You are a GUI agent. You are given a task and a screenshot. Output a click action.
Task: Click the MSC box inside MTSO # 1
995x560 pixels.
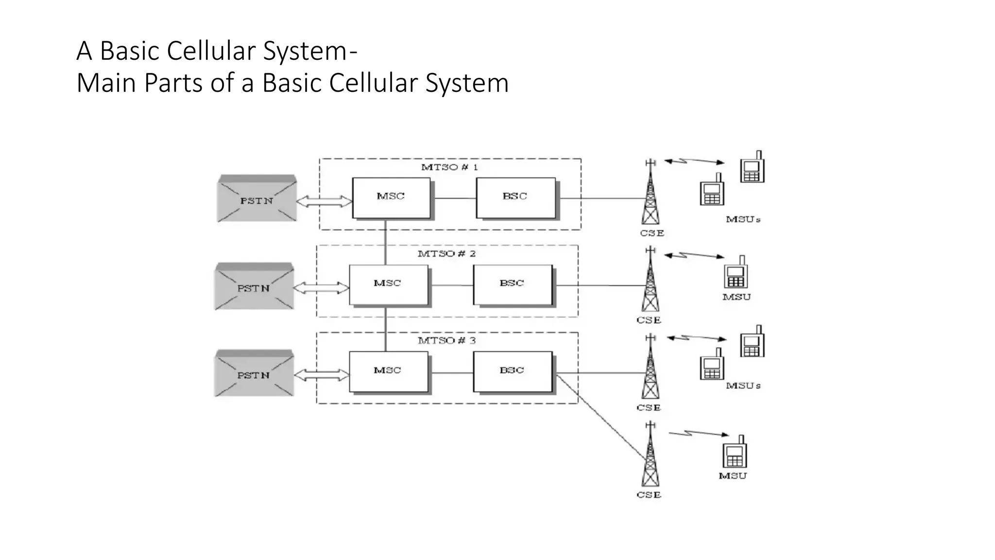pos(391,198)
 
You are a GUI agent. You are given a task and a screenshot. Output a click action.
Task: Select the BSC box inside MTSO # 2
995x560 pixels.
pos(513,285)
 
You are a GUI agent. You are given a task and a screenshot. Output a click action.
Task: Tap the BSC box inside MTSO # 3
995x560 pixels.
pos(513,372)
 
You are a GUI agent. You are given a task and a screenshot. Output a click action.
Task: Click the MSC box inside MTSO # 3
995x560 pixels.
pos(388,372)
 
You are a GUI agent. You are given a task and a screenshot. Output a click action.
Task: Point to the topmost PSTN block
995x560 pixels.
pos(257,199)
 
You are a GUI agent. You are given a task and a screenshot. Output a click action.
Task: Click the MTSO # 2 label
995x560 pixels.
pos(446,254)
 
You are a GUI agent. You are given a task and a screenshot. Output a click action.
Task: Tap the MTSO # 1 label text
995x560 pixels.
pos(449,167)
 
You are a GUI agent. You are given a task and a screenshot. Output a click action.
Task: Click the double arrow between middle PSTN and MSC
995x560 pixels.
pos(321,288)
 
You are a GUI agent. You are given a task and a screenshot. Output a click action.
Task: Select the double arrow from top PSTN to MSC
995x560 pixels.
pos(324,201)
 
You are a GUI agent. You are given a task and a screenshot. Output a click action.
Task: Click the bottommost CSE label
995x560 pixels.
pos(649,495)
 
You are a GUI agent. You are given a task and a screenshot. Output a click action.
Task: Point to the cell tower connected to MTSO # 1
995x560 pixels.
pos(651,194)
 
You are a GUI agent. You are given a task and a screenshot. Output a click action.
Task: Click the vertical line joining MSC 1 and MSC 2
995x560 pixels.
pos(386,242)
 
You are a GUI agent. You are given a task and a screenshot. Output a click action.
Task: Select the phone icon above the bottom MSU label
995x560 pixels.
pos(735,453)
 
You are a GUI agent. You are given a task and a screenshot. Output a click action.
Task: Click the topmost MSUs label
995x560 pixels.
pos(743,220)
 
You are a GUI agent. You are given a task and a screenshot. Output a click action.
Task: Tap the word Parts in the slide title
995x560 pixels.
pos(172,83)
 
